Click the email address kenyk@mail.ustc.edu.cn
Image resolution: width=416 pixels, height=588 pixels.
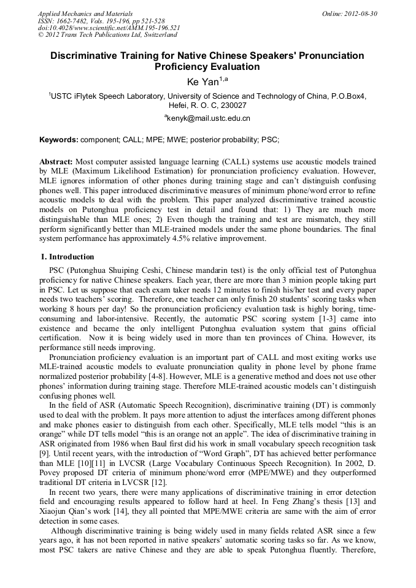(209, 118)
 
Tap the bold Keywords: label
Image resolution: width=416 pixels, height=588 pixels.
(59, 140)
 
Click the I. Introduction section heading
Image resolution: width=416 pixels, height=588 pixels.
(67, 257)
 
